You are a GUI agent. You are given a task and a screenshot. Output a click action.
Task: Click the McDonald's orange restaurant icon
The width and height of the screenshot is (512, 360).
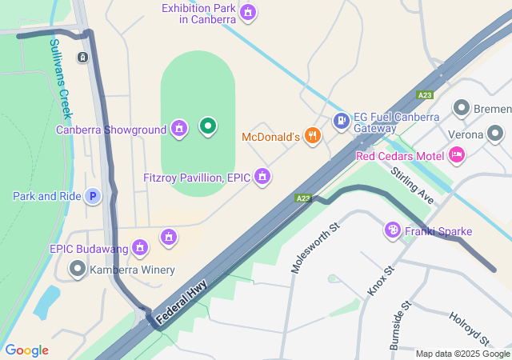point(312,137)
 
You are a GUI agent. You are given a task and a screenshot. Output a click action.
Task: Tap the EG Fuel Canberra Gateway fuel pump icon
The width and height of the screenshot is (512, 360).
point(342,121)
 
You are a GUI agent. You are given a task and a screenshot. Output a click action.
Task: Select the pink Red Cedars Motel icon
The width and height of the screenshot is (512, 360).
point(456,154)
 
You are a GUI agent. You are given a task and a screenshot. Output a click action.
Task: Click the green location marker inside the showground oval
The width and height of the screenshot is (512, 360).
point(207,126)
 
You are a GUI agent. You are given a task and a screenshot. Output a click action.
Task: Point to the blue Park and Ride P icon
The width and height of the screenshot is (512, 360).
point(93,196)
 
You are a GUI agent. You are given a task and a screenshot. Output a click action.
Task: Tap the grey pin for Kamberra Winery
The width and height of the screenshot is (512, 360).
point(78,269)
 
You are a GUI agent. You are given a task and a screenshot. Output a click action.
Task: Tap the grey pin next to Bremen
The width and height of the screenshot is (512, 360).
point(461,108)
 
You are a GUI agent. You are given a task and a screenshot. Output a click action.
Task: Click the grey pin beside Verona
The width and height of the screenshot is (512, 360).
point(495,133)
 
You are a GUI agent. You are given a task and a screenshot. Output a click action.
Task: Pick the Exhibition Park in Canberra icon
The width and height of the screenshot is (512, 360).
point(248,12)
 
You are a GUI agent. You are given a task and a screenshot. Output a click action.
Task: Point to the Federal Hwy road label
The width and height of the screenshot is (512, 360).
point(182,301)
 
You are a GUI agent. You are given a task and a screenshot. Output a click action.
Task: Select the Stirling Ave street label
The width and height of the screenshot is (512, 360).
point(412,185)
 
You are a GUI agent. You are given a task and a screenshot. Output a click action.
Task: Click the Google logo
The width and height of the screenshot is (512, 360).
point(26,350)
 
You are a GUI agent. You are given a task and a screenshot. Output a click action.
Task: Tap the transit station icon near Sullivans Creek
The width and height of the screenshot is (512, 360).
point(82,58)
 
